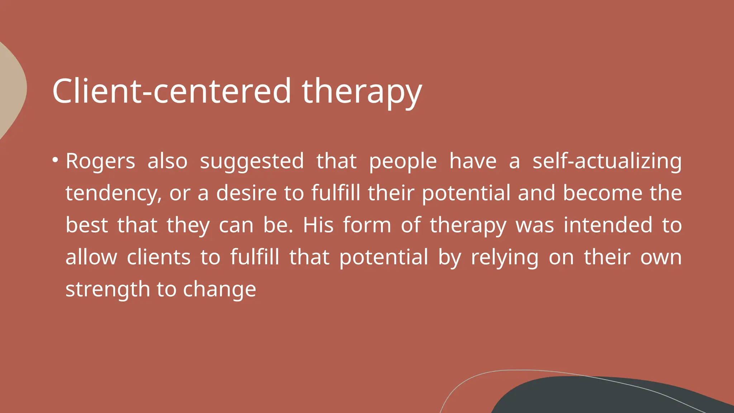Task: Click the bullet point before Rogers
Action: tap(55, 160)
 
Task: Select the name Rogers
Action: tap(100, 161)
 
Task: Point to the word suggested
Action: tap(252, 161)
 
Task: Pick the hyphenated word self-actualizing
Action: tap(607, 161)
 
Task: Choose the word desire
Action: tap(246, 193)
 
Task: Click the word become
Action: tap(602, 193)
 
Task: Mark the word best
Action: tap(87, 225)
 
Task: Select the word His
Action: tap(318, 225)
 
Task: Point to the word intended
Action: tap(608, 225)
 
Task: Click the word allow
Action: tap(91, 257)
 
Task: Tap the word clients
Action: tap(158, 257)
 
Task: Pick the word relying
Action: tap(505, 258)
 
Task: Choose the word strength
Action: tap(108, 289)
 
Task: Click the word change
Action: tap(219, 289)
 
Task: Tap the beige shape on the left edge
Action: tap(11, 90)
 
